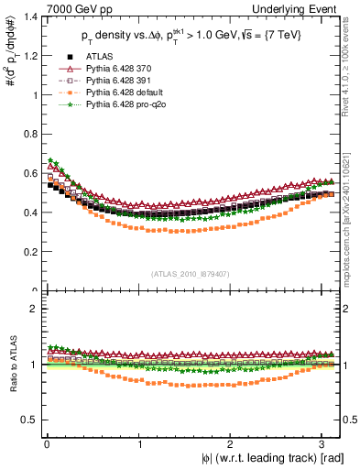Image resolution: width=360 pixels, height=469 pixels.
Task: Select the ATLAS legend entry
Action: [100, 57]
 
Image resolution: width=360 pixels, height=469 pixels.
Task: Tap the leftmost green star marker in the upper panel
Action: [51, 161]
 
